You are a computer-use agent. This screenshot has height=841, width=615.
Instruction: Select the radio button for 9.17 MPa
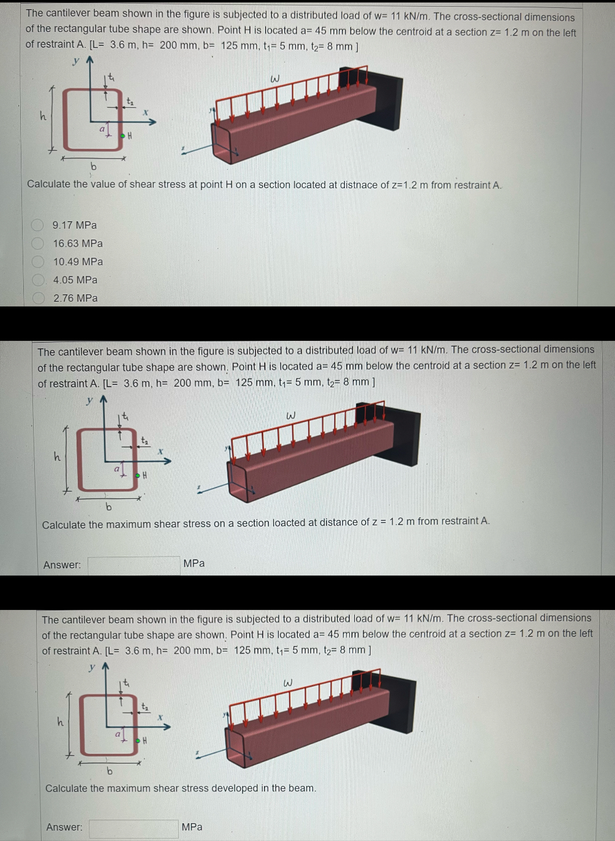(x=38, y=225)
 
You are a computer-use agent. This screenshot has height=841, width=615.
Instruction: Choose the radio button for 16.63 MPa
(x=38, y=243)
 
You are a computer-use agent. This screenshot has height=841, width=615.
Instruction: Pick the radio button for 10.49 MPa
(x=38, y=262)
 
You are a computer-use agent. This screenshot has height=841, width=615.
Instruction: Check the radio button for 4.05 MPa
(x=38, y=280)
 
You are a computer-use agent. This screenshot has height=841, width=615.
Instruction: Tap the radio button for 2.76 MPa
(x=38, y=299)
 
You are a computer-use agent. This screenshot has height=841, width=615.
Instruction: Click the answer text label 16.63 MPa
(x=78, y=243)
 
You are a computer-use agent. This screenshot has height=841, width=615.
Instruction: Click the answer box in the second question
(x=134, y=565)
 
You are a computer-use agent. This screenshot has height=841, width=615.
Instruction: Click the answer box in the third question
(x=134, y=828)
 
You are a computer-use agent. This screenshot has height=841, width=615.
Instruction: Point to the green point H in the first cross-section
(x=123, y=135)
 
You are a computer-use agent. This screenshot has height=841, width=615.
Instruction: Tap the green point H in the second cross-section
(x=138, y=475)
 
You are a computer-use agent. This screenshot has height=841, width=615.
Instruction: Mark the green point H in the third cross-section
(x=138, y=740)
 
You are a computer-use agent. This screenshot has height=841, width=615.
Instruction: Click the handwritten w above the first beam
(x=275, y=78)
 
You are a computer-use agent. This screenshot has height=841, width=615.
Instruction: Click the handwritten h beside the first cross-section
(x=43, y=115)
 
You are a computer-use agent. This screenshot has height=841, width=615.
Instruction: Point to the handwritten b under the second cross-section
(x=108, y=507)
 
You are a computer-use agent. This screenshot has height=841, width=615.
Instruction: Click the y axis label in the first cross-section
(x=76, y=61)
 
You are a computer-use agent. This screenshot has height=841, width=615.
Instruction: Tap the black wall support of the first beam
(x=386, y=101)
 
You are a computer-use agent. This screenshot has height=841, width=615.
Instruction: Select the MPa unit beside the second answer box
(x=194, y=563)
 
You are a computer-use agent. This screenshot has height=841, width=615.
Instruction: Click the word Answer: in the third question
(x=64, y=827)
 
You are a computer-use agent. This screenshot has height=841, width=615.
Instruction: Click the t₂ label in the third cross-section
(x=145, y=707)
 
